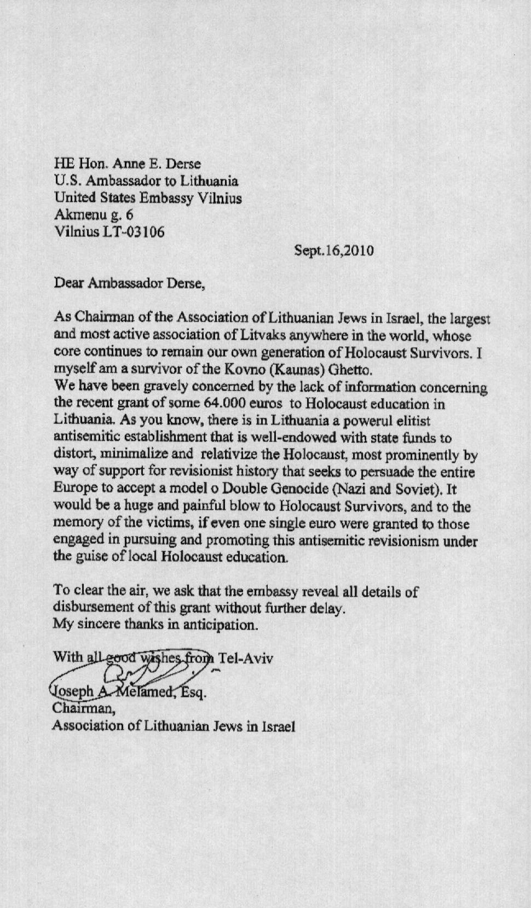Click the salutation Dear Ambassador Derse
[x=129, y=283]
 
